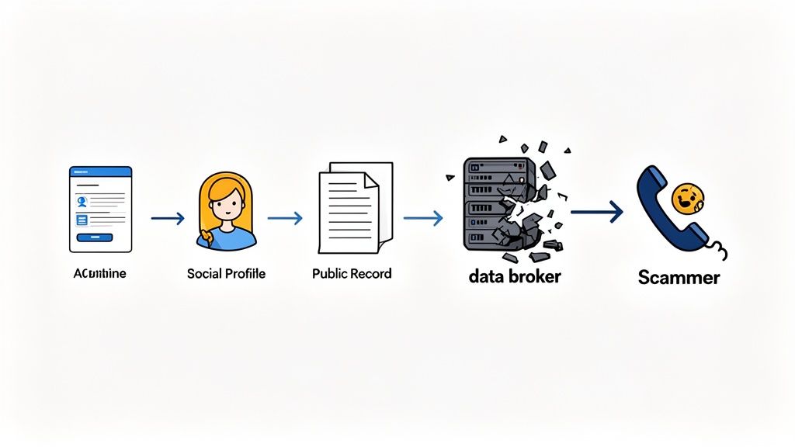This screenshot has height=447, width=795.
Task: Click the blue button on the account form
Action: click(x=94, y=237)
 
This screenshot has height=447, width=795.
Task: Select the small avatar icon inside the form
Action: click(x=82, y=200)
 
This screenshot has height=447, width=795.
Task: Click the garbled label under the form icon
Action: click(x=99, y=274)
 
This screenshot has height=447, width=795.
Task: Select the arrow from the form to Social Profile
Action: click(x=168, y=219)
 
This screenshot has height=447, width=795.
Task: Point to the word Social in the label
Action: click(x=204, y=274)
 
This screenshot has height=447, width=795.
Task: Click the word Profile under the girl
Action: click(x=245, y=274)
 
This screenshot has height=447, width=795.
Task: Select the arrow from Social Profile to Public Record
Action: click(x=285, y=219)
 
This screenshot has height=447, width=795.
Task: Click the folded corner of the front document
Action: click(x=370, y=181)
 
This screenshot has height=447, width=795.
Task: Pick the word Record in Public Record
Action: click(x=371, y=274)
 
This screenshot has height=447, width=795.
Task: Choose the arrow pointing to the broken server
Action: click(x=423, y=219)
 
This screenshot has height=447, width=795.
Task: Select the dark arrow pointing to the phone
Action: click(x=597, y=211)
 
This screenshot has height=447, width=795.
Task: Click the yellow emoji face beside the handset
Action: click(x=686, y=199)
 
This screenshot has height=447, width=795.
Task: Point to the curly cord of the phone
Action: click(x=720, y=250)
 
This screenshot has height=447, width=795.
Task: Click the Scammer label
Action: click(x=679, y=277)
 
